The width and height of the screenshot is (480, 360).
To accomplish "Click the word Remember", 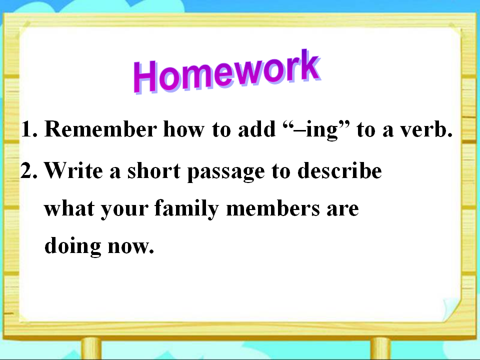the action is click(100, 129).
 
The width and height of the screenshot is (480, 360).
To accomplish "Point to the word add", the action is click(256, 129).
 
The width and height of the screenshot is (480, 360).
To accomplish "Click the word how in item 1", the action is click(183, 129).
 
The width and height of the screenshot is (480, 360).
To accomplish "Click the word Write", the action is click(73, 170).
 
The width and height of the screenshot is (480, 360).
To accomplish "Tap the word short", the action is click(153, 170).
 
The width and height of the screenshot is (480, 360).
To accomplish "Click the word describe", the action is click(339, 170).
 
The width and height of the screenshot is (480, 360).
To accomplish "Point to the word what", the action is click(69, 208).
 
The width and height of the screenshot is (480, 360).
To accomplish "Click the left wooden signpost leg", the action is click(91, 348).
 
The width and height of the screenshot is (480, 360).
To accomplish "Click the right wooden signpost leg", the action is click(380, 348).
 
